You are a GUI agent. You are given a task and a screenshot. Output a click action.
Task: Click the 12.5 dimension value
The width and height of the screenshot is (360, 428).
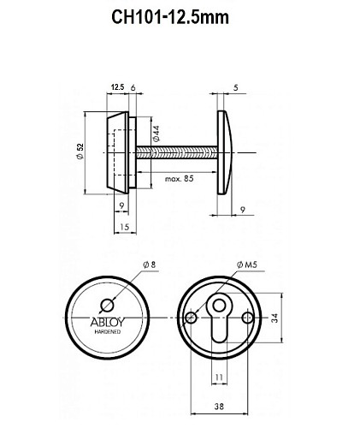pos(117,86)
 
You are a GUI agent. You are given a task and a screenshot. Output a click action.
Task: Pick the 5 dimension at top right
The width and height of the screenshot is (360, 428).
pos(237,86)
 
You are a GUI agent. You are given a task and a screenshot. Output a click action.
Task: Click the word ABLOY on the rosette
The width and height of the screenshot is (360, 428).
pos(106,324)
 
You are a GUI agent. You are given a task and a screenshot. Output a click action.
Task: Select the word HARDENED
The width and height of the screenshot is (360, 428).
pos(106,334)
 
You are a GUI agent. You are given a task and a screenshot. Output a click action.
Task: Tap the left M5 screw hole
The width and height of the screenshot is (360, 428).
pos(191,318)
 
